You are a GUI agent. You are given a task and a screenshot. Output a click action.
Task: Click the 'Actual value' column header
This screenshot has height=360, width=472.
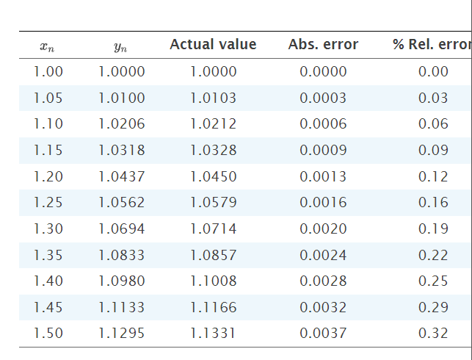coord(213,45)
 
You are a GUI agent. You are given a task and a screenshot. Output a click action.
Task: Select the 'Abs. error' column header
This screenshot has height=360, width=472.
coord(323,45)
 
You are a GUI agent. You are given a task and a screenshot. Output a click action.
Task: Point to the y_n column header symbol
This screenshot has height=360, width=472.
coord(121,48)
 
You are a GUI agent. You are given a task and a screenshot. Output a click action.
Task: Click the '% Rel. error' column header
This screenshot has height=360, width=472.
coord(432,45)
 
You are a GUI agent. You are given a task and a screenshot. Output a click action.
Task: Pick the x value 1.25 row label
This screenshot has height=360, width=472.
coord(48,203)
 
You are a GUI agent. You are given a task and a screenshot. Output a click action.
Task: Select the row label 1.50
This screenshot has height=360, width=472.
coord(48,334)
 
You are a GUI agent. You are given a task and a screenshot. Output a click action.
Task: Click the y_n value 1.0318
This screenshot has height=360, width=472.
coord(122,151)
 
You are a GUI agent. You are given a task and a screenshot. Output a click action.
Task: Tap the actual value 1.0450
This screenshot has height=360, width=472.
coord(213,177)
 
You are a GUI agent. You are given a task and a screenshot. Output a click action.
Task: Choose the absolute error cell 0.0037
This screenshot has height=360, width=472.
coord(323,334)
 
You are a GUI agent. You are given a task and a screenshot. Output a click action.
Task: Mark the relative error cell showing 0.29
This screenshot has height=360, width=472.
coord(433,307)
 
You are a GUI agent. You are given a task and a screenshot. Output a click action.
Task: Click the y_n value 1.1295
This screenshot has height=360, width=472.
coord(122,334)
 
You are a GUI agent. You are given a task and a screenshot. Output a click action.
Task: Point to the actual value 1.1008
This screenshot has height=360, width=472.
coord(213,281)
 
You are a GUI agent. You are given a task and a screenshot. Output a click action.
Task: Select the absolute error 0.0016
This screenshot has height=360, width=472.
coord(323,203)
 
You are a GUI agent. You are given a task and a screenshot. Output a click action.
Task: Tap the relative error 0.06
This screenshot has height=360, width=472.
coord(433,124)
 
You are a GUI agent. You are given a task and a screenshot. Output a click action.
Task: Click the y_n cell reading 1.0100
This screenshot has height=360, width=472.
coord(122,98)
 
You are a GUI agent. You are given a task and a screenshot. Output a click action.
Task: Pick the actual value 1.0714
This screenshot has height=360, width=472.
coord(213,229)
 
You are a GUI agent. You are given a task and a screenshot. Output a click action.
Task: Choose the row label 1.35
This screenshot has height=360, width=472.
coord(48,256)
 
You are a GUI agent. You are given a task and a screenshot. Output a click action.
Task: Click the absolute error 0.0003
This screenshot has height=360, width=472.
coord(323,98)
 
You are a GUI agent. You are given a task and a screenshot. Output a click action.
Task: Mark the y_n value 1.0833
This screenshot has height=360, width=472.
coord(122,256)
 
